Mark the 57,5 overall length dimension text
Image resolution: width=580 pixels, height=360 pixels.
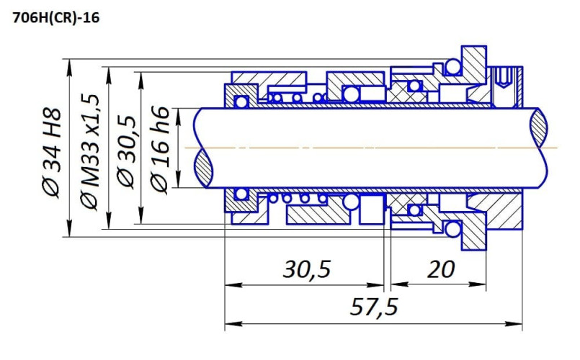coord(374,307)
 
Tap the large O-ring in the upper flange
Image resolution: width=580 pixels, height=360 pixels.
coord(452,67)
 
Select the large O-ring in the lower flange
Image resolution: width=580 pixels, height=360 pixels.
coord(452,230)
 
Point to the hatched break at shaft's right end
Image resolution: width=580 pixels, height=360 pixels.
coord(541,148)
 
